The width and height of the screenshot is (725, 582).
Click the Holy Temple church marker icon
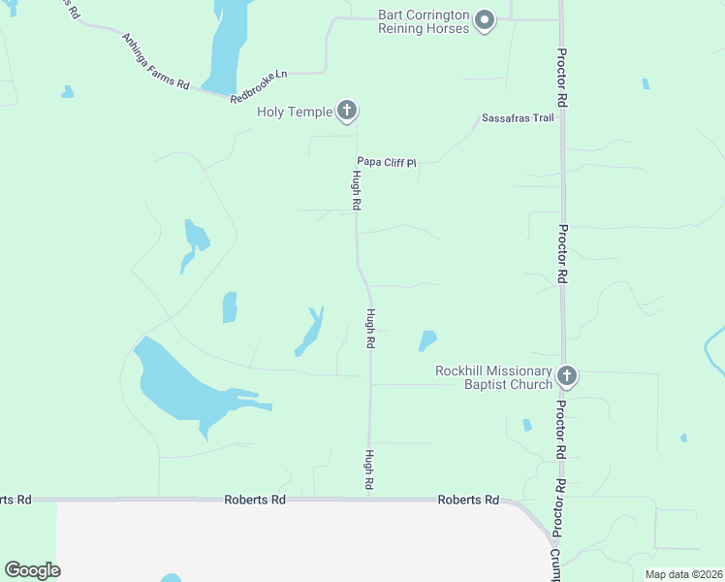point(347,111)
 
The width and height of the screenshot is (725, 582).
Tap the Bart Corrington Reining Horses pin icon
point(486,19)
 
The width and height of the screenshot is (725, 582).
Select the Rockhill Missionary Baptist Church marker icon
point(567,375)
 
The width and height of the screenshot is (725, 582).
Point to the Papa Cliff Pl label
point(386,163)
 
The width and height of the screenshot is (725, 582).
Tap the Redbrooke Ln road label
point(260,85)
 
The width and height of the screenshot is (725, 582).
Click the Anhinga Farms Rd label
point(155,61)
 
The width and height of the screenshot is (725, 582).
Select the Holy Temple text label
point(295,112)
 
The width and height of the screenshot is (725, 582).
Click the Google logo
point(32,570)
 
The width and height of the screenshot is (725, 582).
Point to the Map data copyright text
point(682,574)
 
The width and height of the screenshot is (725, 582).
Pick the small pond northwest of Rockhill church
point(426,340)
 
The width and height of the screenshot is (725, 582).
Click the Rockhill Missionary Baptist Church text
point(493,377)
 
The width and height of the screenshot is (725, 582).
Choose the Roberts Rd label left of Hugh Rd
point(255,500)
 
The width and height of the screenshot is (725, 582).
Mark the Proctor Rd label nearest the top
point(561,77)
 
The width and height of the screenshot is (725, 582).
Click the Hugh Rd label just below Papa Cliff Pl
point(357,191)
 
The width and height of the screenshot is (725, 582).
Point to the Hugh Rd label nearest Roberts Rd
point(369,469)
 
